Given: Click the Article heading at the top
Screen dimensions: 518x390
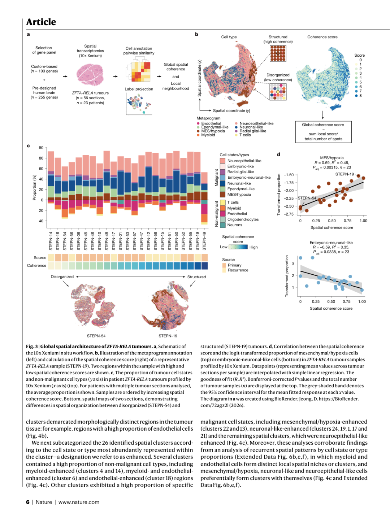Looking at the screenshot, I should coord(41,22).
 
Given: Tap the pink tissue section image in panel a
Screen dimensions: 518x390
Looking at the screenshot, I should coord(90,74).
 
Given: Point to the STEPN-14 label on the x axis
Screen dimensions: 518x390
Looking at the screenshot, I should coord(51,241).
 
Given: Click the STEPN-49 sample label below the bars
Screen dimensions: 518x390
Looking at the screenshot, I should coord(204,241).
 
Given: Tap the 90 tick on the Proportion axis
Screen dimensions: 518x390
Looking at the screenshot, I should coord(41,148).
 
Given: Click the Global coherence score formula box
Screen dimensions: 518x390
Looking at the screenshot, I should coord(323,132).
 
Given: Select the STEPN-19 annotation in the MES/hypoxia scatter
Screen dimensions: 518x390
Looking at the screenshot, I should coord(344,174).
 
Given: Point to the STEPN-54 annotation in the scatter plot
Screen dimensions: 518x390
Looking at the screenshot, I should coord(307,198).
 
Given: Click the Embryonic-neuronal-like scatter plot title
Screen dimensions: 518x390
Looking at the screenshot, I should coord(331,243).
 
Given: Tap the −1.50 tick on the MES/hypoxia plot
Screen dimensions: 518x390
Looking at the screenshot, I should coord(289,175).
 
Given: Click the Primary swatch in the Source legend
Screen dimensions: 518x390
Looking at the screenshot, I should coord(224,265).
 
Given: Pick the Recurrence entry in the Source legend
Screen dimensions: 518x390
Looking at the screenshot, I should coord(238,270).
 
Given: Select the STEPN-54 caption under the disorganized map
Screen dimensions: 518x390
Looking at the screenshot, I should coord(96,336).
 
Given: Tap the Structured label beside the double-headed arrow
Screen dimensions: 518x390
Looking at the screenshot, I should coord(196,277).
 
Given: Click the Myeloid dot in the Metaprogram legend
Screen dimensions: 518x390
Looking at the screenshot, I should coord(198,135).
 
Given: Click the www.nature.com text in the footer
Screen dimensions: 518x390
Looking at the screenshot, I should coord(79,502).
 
